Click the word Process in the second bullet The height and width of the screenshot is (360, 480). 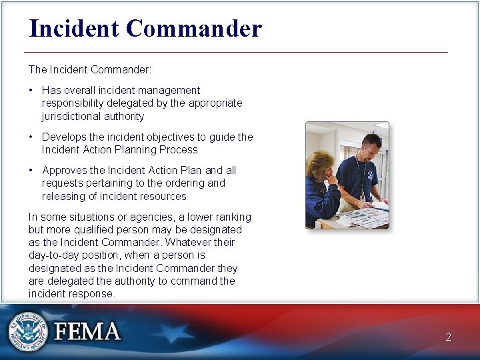click(179, 149)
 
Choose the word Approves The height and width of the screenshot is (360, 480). click(65, 170)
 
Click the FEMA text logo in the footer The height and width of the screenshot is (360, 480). click(87, 331)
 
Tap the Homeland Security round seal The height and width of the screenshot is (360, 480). click(28, 331)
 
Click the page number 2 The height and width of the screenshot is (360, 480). click(448, 337)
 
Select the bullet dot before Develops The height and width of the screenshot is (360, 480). click(31, 137)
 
